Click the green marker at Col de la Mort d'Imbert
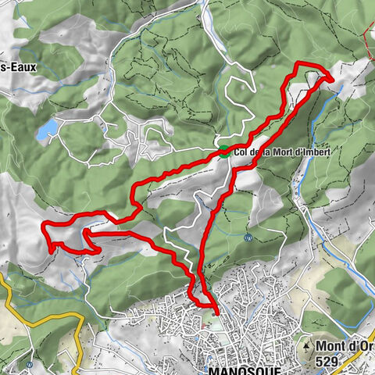pos(224,152)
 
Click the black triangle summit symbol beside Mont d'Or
pos(311,345)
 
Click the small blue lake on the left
pos(48,127)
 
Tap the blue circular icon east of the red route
pos(248,237)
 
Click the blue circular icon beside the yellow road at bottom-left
pos(29,364)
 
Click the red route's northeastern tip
pos(331,78)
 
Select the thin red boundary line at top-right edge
pos(368,27)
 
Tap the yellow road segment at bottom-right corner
pos(364,355)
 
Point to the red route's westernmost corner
pos(43,227)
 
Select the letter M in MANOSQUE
pos(214,370)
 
